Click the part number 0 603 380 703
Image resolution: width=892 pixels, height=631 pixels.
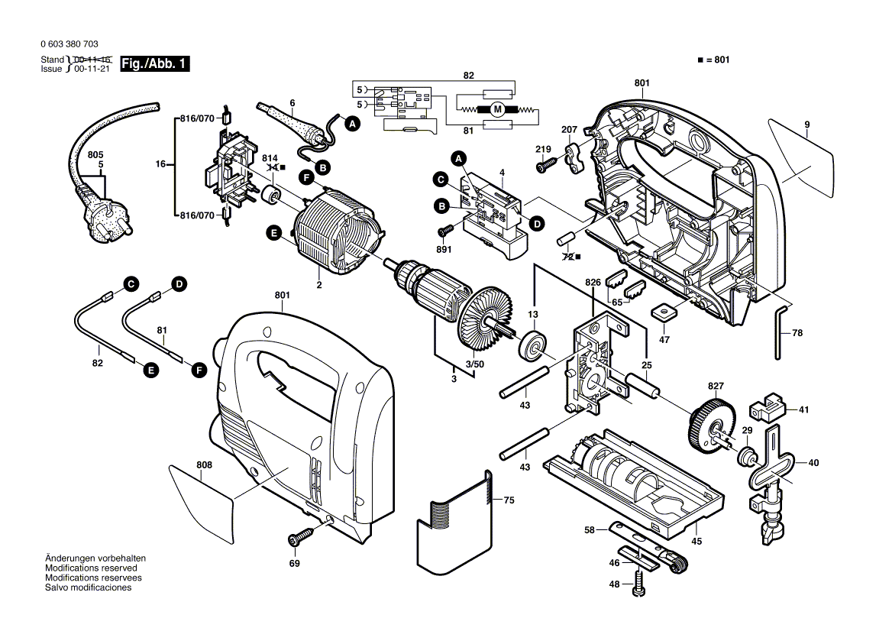tap(68, 44)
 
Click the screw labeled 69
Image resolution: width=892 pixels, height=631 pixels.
tap(300, 539)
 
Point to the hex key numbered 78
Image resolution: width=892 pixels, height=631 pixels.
tap(778, 332)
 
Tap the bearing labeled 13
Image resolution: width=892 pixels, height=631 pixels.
tap(532, 348)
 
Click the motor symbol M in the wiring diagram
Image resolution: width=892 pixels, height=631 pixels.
tap(497, 110)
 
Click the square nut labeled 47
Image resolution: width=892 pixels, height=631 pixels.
tap(662, 312)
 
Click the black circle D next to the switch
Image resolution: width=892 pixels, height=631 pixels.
tap(538, 223)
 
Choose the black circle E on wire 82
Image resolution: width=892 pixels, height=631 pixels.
tap(150, 370)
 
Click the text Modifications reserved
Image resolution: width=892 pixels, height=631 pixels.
tap(91, 568)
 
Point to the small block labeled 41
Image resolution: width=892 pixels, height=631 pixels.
tap(771, 407)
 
